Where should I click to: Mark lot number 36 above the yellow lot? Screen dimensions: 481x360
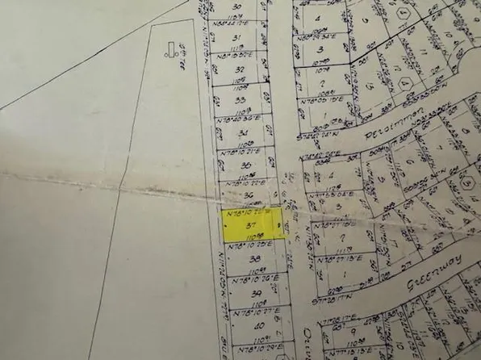[249, 195]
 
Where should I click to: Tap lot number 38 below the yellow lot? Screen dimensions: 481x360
[255, 259]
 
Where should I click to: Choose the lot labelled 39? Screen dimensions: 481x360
[257, 293]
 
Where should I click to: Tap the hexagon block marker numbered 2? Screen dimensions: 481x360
[407, 84]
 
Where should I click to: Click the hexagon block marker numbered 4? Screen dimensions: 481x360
[401, 14]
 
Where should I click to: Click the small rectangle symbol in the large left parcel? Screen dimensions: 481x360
[169, 48]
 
